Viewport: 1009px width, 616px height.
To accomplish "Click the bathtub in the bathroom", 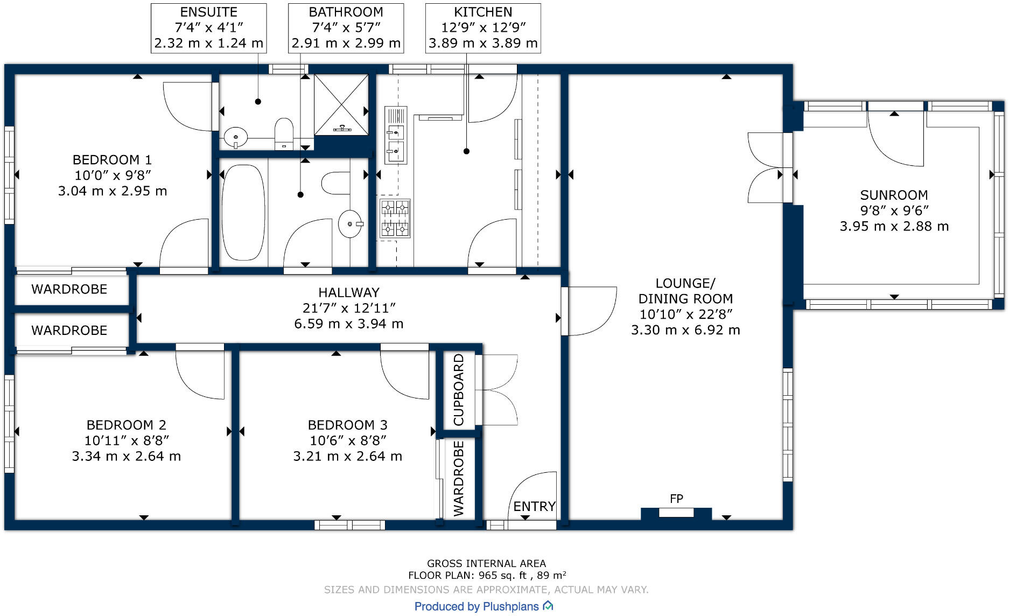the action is click(x=243, y=212).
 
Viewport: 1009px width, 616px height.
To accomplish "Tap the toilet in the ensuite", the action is click(x=284, y=134).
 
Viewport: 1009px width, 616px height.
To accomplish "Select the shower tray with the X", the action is click(x=341, y=104).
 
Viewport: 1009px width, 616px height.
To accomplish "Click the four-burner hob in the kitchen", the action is click(x=395, y=218).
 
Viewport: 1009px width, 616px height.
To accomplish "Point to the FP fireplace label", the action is click(x=676, y=499).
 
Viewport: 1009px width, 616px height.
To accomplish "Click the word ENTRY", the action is click(x=534, y=506).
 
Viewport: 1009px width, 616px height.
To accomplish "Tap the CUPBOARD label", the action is click(x=459, y=390).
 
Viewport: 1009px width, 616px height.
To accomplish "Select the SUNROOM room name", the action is click(x=894, y=195).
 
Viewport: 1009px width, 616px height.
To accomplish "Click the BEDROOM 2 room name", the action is click(x=127, y=425).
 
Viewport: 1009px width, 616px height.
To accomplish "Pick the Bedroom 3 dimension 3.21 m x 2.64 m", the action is click(x=348, y=456).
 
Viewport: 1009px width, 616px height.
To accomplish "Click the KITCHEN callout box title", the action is click(x=483, y=12).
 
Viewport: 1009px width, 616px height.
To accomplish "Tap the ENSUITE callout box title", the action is click(x=208, y=12).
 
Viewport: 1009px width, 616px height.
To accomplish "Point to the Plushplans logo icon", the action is click(x=548, y=606).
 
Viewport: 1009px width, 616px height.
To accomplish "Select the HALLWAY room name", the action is click(x=349, y=292).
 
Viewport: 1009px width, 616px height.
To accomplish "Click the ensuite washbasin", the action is click(x=235, y=137).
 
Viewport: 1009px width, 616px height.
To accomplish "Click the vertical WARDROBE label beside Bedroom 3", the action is click(x=459, y=479).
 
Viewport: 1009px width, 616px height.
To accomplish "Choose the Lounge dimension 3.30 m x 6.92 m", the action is click(x=685, y=330).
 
